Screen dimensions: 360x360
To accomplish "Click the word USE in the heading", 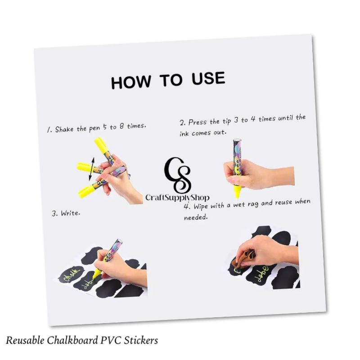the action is [208, 78].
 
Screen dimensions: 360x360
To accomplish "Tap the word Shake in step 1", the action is [64, 129].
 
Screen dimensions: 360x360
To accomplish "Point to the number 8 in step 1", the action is [121, 126].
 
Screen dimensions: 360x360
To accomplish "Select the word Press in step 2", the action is [197, 122].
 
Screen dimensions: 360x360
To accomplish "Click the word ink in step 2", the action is [184, 133].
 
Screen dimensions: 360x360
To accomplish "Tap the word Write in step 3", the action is [71, 213].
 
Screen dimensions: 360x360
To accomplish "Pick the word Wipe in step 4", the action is [201, 206].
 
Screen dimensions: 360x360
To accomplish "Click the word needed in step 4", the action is [196, 217].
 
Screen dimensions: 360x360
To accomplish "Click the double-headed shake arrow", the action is [92, 169].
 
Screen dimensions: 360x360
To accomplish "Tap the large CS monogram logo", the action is [177, 175].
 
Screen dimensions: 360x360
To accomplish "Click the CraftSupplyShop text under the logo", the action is [177, 198].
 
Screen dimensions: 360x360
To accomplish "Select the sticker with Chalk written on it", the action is [71, 274].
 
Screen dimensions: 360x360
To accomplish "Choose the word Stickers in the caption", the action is [141, 340].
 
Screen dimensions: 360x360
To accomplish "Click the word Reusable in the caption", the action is [25, 340].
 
